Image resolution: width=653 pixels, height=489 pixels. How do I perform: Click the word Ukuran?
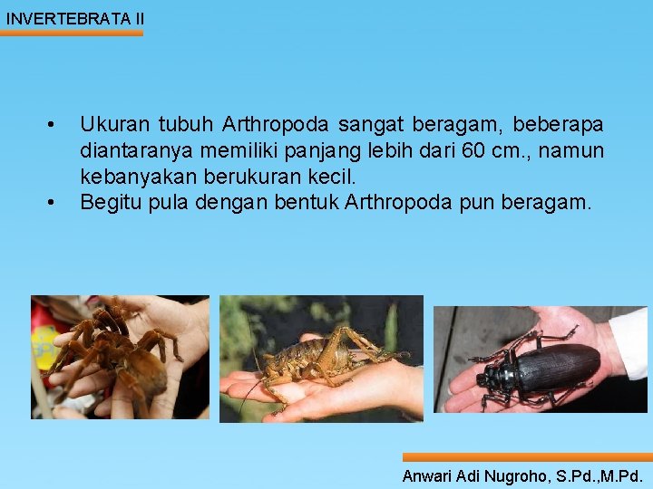click(x=114, y=123)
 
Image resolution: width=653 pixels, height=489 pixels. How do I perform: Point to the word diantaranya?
click(x=134, y=149)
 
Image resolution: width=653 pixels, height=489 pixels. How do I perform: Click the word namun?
click(x=576, y=149)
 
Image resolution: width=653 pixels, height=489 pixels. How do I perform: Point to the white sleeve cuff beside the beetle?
click(x=632, y=342)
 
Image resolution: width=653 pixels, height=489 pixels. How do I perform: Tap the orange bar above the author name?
click(x=526, y=457)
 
